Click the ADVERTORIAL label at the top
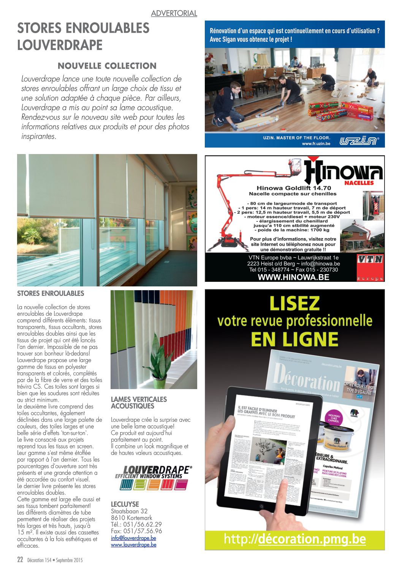coord(174,13)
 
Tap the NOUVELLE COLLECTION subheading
coord(107,66)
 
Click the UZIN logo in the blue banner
coord(359,141)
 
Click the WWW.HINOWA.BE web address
coord(293,277)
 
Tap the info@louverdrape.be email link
coord(133,538)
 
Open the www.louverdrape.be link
coord(133,545)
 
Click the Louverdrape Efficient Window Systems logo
coord(153,477)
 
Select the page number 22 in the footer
coord(21,560)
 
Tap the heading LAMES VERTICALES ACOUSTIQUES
coord(139,403)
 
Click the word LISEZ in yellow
coord(294,304)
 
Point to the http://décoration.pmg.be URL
coord(294,539)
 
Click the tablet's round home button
coord(261,506)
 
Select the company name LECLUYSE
coord(125,504)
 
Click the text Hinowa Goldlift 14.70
coord(294,188)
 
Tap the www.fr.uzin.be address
coord(316,144)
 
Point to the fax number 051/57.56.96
coord(136,531)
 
